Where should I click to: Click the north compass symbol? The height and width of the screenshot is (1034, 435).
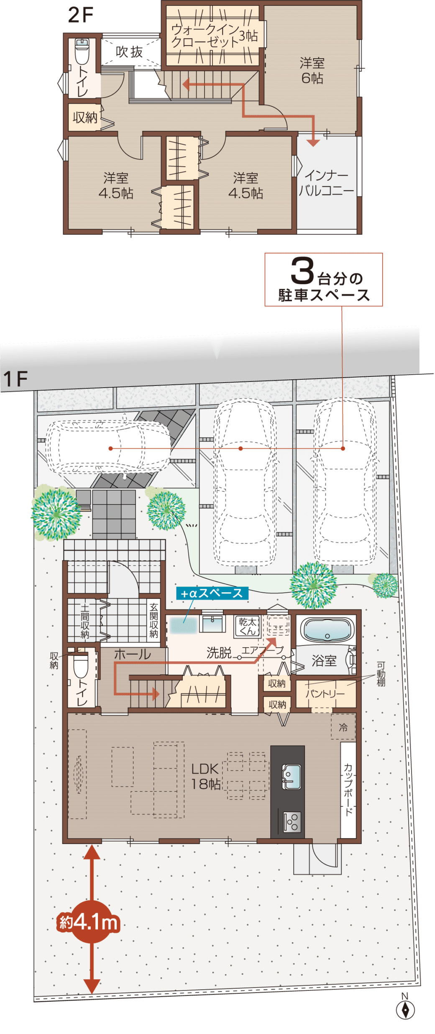(404, 1009)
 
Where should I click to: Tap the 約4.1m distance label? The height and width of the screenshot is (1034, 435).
(89, 922)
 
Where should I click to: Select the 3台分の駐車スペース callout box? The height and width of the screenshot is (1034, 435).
(323, 279)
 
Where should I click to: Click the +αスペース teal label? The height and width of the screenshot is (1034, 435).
(212, 593)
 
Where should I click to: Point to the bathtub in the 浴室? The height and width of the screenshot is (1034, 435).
(327, 630)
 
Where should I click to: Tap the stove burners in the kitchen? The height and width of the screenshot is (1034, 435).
(292, 821)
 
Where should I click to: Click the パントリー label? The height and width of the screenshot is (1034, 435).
(325, 693)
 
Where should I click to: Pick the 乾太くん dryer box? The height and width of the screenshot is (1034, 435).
(247, 626)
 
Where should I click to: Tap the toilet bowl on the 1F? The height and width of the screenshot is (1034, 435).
(81, 666)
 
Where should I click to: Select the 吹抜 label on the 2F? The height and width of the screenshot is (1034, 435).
(129, 52)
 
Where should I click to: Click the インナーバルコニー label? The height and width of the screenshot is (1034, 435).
(326, 183)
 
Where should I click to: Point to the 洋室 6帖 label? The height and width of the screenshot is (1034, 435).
(312, 70)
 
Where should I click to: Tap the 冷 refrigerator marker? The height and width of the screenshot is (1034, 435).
(343, 727)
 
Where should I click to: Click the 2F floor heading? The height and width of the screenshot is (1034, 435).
(80, 15)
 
